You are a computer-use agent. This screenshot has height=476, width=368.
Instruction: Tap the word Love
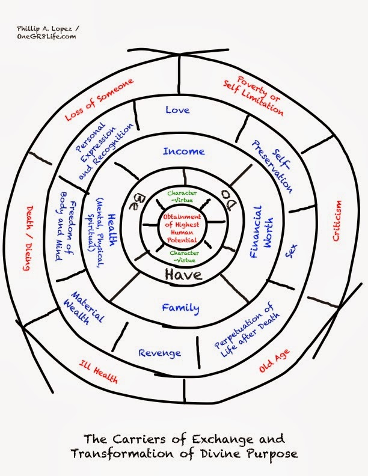pos(177,110)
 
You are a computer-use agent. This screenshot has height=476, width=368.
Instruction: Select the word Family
pos(180,308)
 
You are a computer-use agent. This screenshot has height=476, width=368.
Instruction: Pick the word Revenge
pos(160,353)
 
